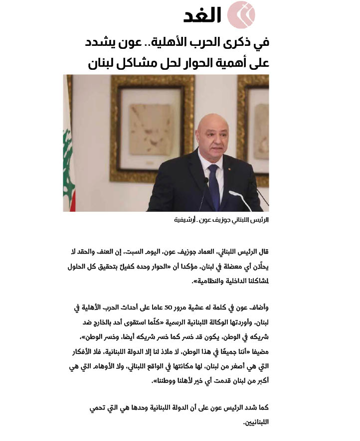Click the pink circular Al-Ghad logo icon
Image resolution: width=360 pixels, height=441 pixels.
point(241,14)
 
